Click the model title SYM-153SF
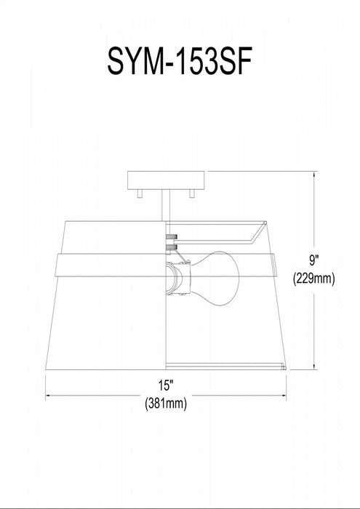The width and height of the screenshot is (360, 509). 180,60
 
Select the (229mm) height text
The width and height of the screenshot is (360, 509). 313,278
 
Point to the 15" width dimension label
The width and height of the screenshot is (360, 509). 165,385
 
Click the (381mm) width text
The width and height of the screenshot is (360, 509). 166,404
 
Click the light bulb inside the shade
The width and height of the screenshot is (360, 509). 214,278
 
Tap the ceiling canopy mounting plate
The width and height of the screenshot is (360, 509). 166,180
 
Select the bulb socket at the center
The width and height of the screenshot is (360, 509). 177,278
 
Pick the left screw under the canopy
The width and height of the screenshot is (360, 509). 140,193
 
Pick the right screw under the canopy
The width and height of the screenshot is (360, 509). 191,193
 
